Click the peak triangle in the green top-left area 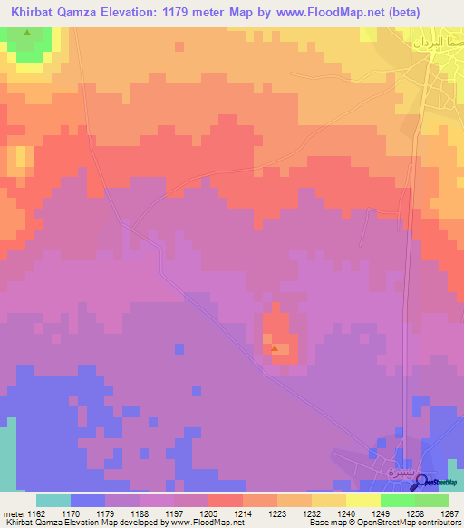pyautogui.click(x=26, y=34)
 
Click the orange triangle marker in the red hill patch pyautogui.click(x=275, y=347)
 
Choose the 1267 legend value pyautogui.click(x=449, y=514)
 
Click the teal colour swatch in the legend pyautogui.click(x=53, y=500)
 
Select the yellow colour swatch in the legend pyautogui.click(x=362, y=500)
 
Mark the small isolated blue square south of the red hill pyautogui.click(x=179, y=349)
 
